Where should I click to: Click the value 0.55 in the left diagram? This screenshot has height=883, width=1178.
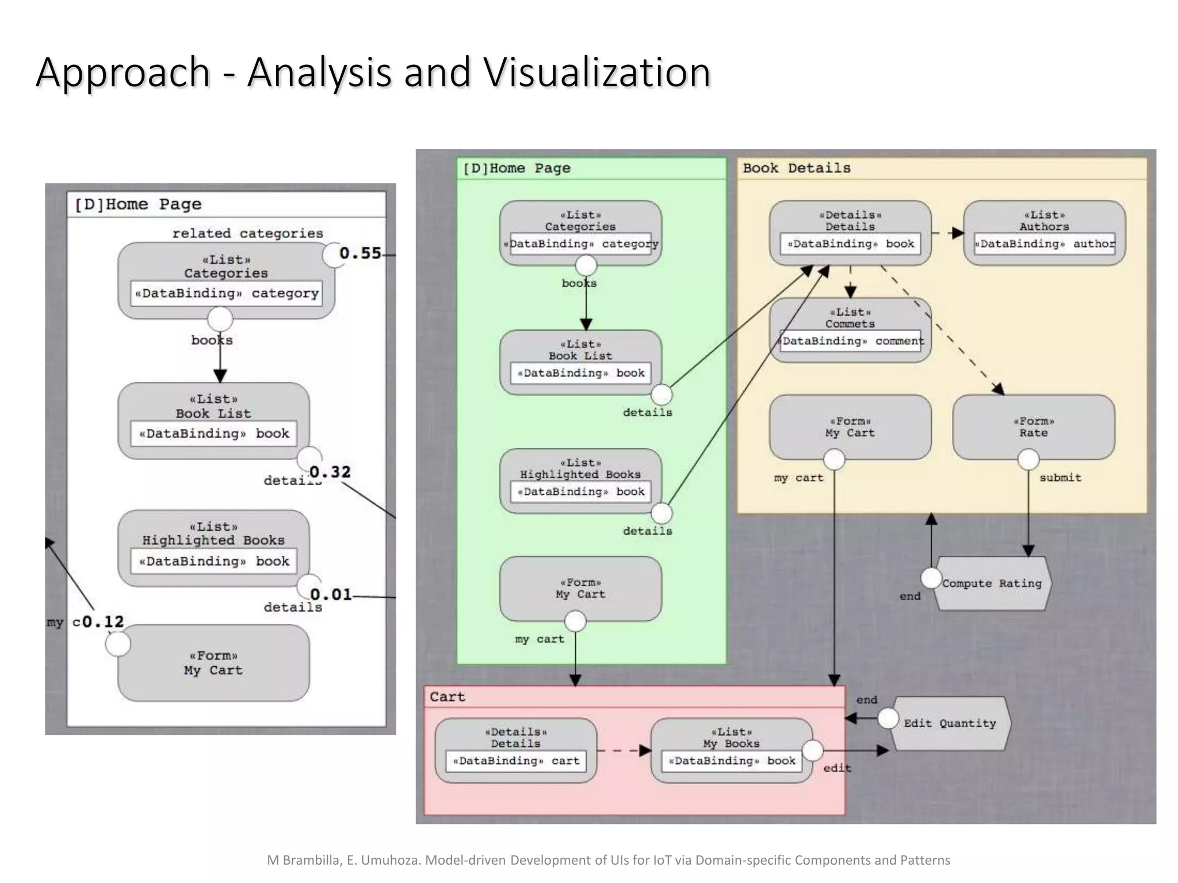[360, 253]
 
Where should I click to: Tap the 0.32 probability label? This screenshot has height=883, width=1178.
[330, 472]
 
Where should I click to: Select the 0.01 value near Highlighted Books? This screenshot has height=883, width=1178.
[331, 594]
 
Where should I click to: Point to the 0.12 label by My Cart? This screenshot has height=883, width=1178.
[103, 621]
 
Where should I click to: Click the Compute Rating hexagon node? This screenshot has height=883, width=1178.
[992, 583]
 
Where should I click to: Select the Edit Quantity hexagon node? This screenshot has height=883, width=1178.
[950, 723]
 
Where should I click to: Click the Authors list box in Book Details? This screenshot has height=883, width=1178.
[1044, 232]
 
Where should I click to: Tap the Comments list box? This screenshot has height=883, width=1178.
[850, 329]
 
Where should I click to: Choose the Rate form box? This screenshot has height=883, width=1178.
[1033, 427]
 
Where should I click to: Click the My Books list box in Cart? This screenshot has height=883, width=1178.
[731, 750]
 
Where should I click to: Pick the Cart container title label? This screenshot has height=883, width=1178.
[447, 697]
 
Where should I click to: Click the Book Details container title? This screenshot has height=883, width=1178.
[796, 168]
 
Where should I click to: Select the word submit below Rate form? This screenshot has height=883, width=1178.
[1060, 478]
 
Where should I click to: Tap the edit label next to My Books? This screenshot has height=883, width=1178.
[837, 768]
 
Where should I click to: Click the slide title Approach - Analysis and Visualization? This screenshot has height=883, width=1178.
[373, 72]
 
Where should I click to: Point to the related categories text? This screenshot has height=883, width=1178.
[247, 233]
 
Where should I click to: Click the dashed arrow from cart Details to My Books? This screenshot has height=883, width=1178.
[624, 750]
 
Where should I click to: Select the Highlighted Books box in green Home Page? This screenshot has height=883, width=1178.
[580, 481]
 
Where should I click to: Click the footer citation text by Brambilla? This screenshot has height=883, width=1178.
[608, 860]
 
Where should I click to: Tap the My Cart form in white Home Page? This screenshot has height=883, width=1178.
[213, 663]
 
